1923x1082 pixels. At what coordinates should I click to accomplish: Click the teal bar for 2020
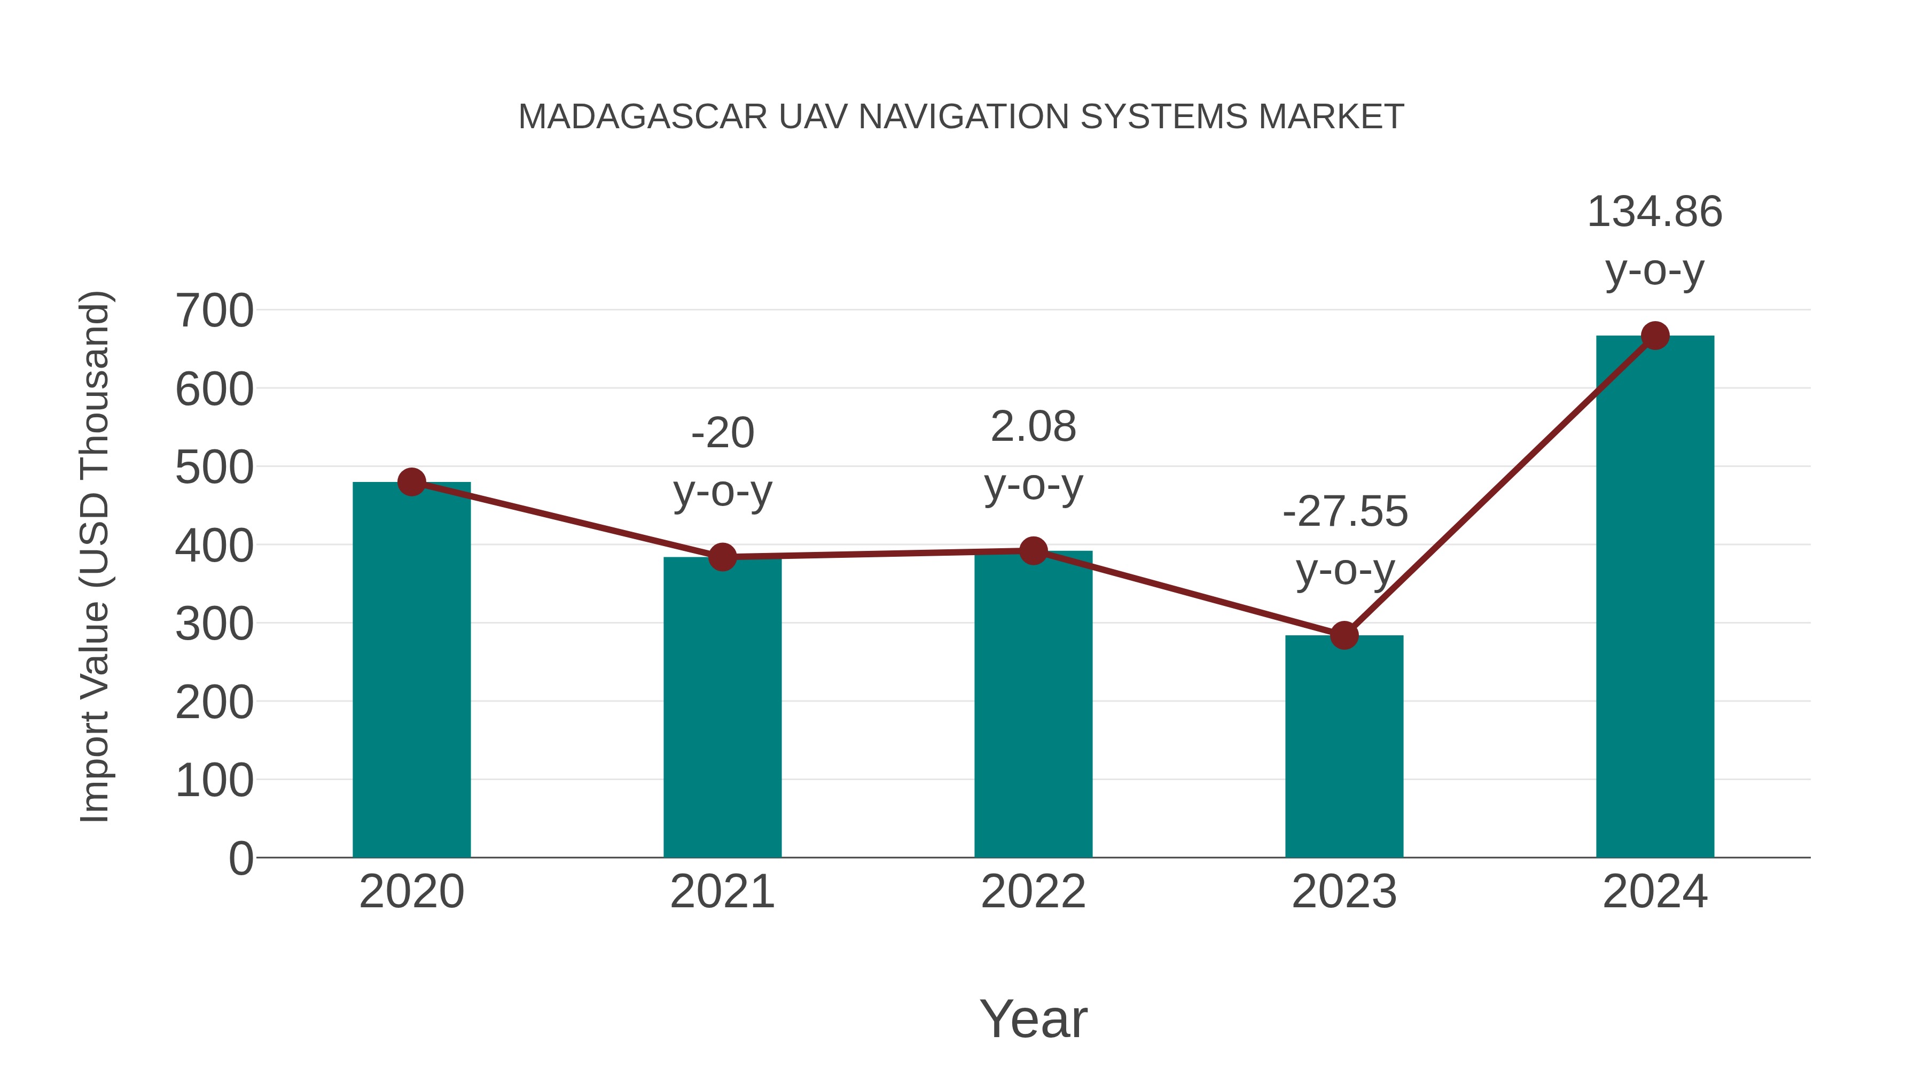tap(411, 672)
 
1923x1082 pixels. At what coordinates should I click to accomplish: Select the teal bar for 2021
tap(722, 710)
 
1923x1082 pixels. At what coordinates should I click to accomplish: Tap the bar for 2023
tap(1344, 747)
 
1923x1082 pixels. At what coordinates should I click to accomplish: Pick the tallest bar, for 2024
tap(1655, 597)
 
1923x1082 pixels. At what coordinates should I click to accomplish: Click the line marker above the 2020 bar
tap(411, 482)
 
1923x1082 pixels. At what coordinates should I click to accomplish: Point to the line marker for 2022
tap(1033, 551)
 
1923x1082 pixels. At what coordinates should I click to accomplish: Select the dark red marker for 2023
tap(1344, 635)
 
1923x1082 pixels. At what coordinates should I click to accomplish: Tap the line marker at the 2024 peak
tap(1655, 336)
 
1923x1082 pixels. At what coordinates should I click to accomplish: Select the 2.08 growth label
tap(1033, 428)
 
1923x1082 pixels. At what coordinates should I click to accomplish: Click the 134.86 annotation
tap(1654, 212)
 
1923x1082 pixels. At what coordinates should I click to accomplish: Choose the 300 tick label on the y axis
tap(214, 624)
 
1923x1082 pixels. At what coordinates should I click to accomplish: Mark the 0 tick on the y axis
tap(240, 859)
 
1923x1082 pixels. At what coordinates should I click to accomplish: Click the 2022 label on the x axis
tap(1033, 892)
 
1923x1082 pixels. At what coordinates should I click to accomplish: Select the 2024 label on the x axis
tap(1655, 892)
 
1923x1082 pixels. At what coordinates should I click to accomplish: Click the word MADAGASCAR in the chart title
tap(643, 117)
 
